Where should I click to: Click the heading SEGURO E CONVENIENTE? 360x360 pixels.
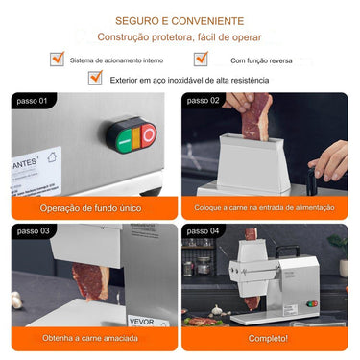pyautogui.click(x=180, y=20)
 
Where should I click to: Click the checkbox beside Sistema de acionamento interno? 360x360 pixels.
pyautogui.click(x=57, y=59)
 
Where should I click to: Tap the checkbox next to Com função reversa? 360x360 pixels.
pyautogui.click(x=201, y=59)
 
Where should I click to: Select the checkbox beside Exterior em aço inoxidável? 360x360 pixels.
pyautogui.click(x=95, y=81)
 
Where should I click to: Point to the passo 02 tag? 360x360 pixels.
pyautogui.click(x=204, y=100)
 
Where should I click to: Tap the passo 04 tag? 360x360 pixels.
pyautogui.click(x=204, y=231)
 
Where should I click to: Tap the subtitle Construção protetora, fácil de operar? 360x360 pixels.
pyautogui.click(x=180, y=36)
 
